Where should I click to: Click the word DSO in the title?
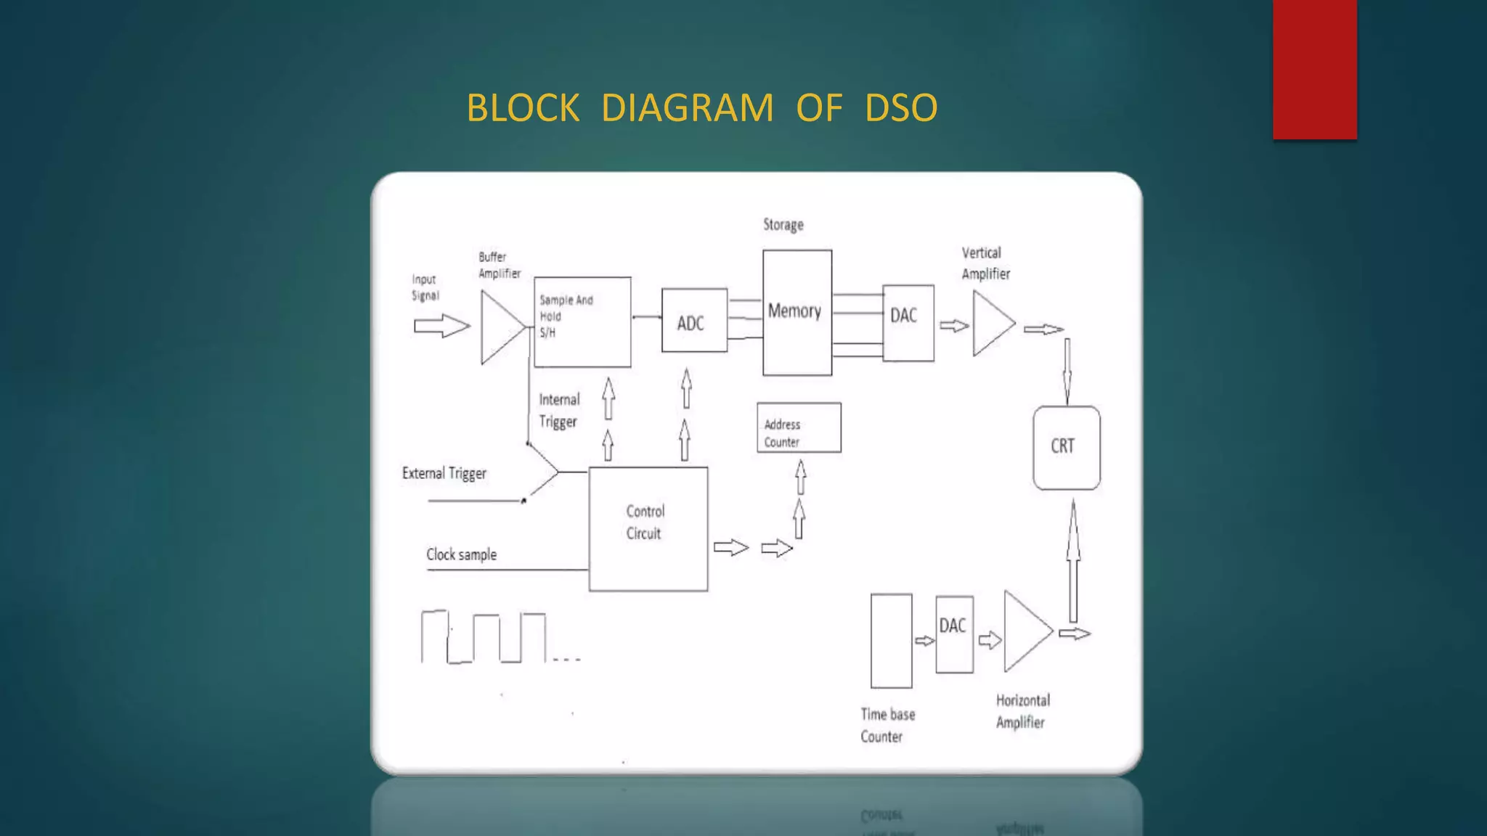pyautogui.click(x=900, y=108)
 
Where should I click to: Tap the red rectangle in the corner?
pyautogui.click(x=1314, y=69)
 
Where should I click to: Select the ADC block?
pyautogui.click(x=694, y=321)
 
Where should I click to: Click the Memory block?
pyautogui.click(x=797, y=313)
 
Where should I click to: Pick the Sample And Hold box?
pyautogui.click(x=582, y=321)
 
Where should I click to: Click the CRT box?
pyautogui.click(x=1066, y=447)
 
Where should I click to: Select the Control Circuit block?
pyautogui.click(x=648, y=528)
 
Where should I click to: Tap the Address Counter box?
pyautogui.click(x=799, y=428)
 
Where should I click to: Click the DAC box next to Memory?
pyautogui.click(x=908, y=323)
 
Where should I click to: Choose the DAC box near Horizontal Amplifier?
pyautogui.click(x=954, y=634)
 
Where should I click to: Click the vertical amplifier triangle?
pyautogui.click(x=990, y=324)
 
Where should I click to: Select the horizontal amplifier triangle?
pyautogui.click(x=1023, y=631)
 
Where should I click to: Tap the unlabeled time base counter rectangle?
pyautogui.click(x=891, y=640)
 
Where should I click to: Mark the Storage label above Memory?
pyautogui.click(x=783, y=225)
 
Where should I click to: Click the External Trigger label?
pyautogui.click(x=444, y=473)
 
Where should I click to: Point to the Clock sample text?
pyautogui.click(x=461, y=554)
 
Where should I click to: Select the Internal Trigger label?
pyautogui.click(x=558, y=411)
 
